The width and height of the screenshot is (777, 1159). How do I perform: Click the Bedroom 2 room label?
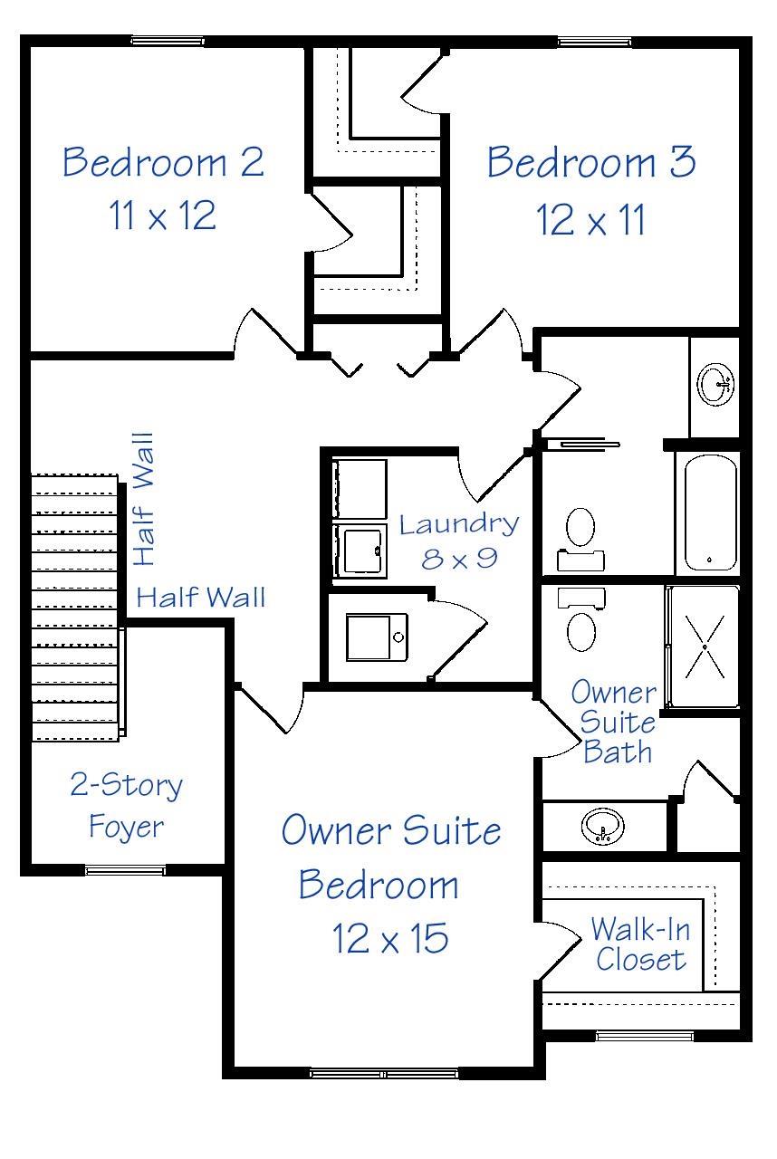click(x=163, y=162)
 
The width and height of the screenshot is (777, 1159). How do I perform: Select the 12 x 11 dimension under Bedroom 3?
click(x=591, y=220)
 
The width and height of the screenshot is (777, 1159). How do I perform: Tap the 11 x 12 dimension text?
click(x=163, y=216)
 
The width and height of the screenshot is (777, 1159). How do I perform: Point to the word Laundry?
click(x=459, y=524)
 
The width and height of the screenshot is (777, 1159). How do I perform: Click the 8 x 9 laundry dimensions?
click(x=459, y=558)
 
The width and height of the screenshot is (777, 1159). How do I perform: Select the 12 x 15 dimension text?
click(x=390, y=939)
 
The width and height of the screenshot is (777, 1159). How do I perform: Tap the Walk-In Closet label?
click(x=638, y=943)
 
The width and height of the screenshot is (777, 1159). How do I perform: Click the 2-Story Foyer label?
click(x=126, y=805)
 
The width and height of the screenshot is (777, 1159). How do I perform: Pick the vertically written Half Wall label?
click(x=144, y=500)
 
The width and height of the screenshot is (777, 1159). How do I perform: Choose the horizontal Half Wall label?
click(x=201, y=598)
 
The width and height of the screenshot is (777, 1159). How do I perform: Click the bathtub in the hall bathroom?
click(x=710, y=512)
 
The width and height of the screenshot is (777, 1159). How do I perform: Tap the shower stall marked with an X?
click(x=705, y=647)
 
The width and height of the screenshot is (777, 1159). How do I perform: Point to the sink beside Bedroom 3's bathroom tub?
click(x=717, y=385)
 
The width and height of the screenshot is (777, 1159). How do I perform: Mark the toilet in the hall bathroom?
click(x=580, y=534)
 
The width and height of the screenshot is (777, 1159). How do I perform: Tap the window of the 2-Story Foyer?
click(x=125, y=870)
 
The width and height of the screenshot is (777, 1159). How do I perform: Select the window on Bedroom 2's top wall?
click(x=168, y=41)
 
